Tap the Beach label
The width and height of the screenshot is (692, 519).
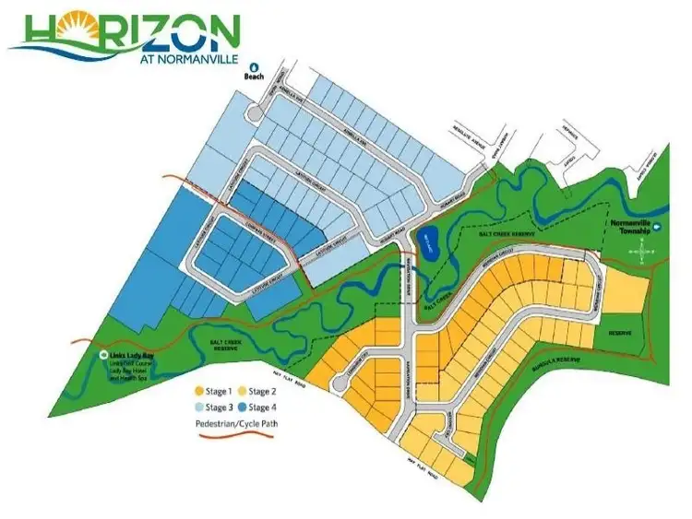pos(255,77)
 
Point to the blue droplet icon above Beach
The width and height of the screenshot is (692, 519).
pos(255,67)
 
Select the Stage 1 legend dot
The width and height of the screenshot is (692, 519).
pos(198,391)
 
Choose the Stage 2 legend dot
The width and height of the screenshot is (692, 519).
pos(243,391)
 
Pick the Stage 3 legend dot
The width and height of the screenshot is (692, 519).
pos(198,407)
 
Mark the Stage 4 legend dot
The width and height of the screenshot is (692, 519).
pos(243,407)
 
